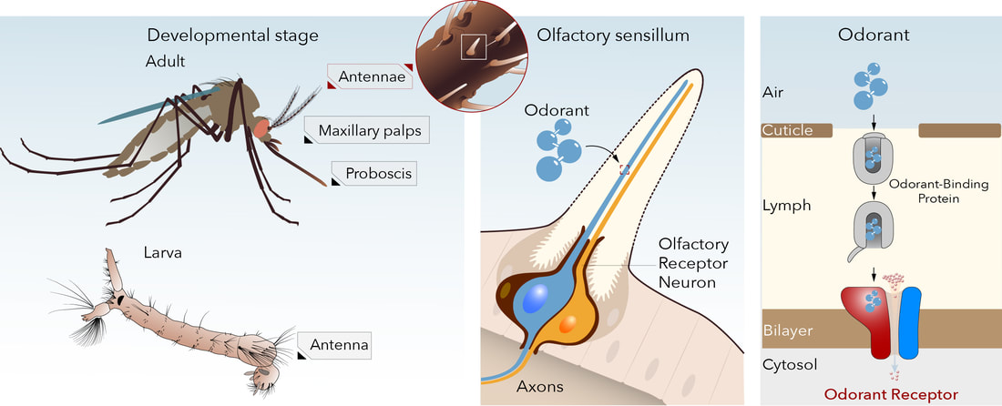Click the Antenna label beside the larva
338,345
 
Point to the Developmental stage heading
233,36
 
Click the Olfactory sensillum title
613,36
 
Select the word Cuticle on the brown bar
786,130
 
